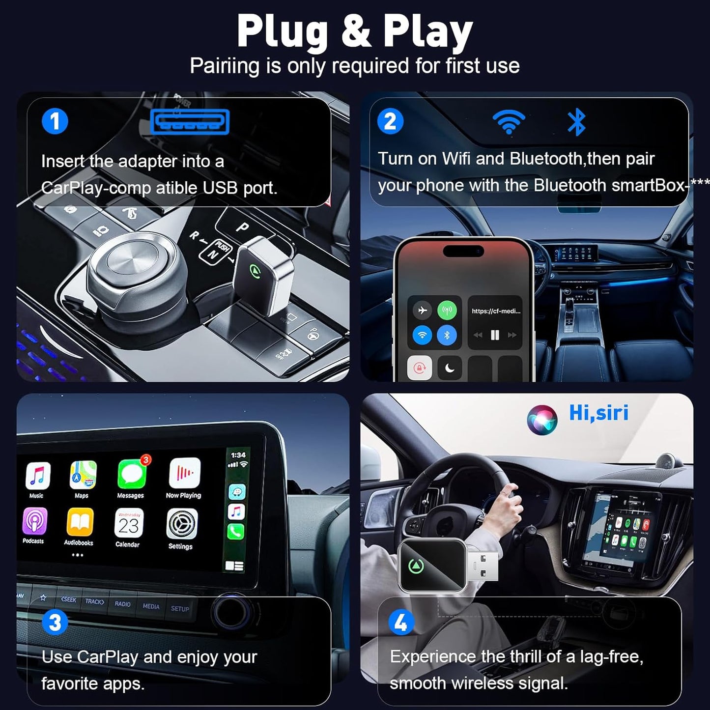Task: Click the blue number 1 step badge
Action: (x=55, y=121)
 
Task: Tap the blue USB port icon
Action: (x=190, y=122)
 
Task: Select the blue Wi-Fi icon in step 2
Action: (x=509, y=121)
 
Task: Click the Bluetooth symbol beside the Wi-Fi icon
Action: (x=576, y=122)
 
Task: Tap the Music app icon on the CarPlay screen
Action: (x=38, y=476)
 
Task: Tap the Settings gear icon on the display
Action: (x=182, y=524)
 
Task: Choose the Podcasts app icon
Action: (x=35, y=521)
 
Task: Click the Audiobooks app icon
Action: (x=80, y=523)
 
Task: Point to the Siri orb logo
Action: (x=541, y=420)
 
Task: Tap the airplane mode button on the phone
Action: (x=422, y=311)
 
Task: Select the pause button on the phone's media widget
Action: (x=495, y=335)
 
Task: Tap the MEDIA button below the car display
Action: (x=151, y=606)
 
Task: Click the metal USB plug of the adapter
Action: (x=482, y=566)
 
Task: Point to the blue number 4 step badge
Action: (x=401, y=623)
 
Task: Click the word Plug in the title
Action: (x=282, y=32)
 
